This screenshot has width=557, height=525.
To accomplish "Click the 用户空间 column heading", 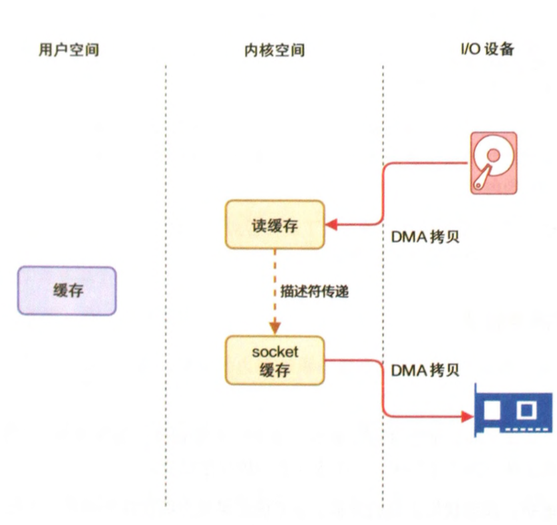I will pos(69,50).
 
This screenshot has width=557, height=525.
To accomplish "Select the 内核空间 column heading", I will pos(274,50).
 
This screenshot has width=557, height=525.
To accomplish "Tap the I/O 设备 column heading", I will pos(488,49).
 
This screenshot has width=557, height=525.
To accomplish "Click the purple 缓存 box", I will pos(67,291).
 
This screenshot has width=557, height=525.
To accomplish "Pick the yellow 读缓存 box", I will pos(274,225).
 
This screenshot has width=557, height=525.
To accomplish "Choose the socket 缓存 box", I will pos(274,360).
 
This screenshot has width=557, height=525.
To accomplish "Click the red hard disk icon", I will pos(494,162).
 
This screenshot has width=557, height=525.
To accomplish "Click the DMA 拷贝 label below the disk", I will pos(425,238).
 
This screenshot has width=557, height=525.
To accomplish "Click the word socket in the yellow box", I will pos(274,351).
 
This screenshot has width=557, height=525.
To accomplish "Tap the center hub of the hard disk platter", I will pos(494,156).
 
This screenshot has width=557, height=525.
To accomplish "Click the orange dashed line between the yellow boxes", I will pos(274,287).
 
